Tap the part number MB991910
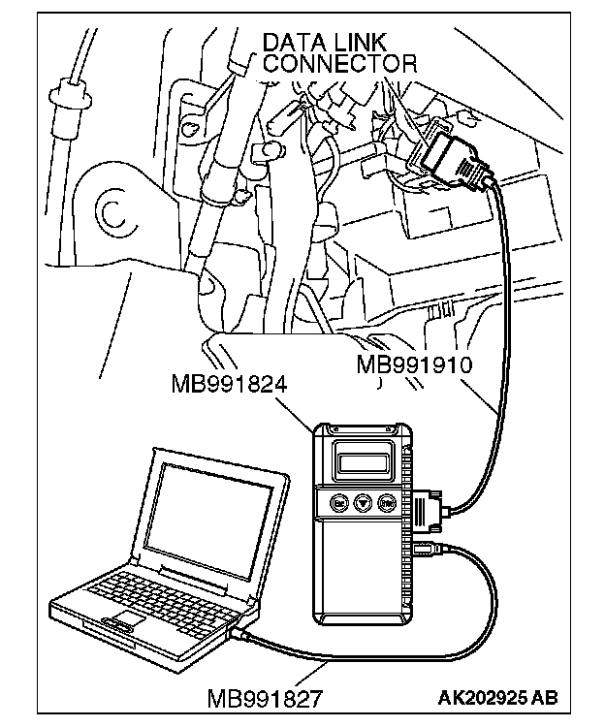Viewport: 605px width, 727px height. pyautogui.click(x=413, y=365)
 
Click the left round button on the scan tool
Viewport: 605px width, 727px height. pyautogui.click(x=338, y=504)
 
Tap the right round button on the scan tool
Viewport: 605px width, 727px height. pyautogui.click(x=386, y=504)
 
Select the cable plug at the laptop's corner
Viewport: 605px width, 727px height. pyautogui.click(x=240, y=632)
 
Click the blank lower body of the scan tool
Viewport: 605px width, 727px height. pyautogui.click(x=362, y=572)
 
